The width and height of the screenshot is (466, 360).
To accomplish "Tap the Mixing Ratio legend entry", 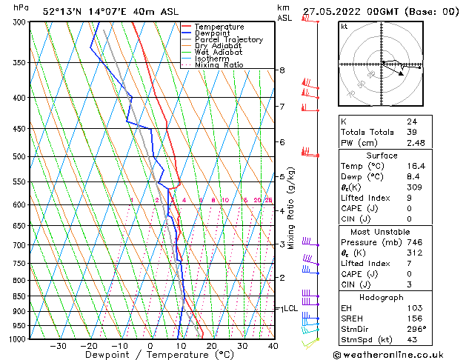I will click(219, 65).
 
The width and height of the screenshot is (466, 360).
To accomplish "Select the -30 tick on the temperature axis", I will click(58, 346).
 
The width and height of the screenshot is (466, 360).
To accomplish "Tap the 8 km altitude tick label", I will click(282, 70).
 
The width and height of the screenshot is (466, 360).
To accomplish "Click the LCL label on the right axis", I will click(290, 308).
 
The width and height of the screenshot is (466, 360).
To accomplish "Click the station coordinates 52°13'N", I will click(61, 12).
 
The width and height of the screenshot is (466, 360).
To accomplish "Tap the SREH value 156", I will click(413, 318).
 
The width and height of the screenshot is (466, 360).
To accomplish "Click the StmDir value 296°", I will click(415, 328).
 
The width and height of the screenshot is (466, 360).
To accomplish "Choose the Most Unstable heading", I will click(381, 231).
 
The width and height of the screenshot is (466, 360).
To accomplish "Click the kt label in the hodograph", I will click(344, 26).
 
